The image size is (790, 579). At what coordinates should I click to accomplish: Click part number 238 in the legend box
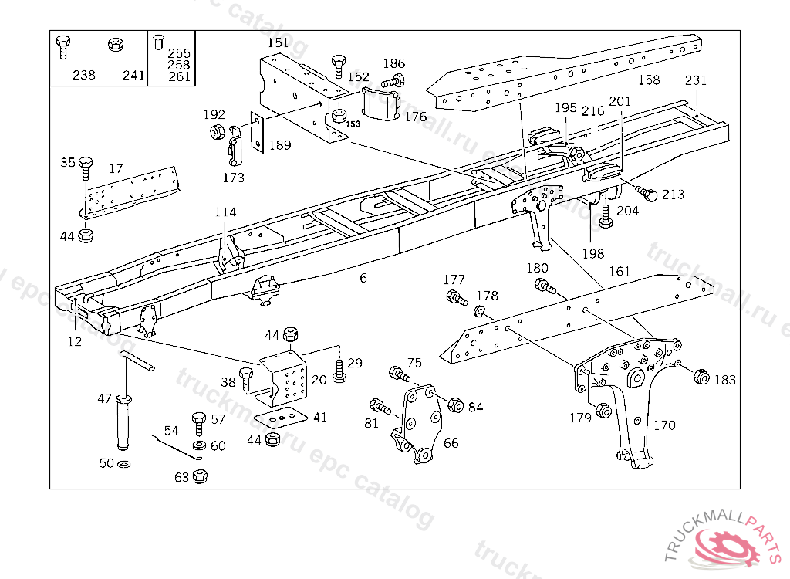(84, 75)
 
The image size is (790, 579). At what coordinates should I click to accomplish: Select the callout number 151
(278, 43)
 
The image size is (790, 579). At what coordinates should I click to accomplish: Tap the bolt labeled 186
(395, 80)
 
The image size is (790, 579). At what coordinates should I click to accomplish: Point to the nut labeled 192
(218, 132)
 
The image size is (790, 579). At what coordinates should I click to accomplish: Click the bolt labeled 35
(85, 166)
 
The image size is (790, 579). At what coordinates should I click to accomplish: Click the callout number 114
(225, 212)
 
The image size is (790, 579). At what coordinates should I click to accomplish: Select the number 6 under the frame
(363, 278)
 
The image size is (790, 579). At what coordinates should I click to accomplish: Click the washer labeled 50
(125, 463)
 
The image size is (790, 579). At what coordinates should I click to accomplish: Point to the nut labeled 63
(199, 476)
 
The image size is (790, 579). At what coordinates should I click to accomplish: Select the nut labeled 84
(455, 406)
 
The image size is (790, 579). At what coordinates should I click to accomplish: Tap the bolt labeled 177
(455, 296)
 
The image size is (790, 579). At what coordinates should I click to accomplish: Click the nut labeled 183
(701, 377)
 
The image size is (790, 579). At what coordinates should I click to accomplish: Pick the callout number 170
(663, 425)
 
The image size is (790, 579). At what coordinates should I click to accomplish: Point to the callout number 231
(695, 80)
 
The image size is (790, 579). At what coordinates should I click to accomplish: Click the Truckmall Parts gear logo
(728, 545)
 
